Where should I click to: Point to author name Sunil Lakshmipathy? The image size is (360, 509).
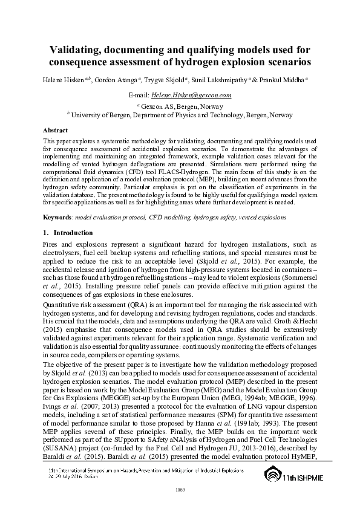(224, 79)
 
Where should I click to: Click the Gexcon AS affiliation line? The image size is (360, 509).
(180, 105)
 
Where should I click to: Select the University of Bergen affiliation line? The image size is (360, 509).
(180, 113)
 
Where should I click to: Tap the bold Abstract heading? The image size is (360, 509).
(55, 130)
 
